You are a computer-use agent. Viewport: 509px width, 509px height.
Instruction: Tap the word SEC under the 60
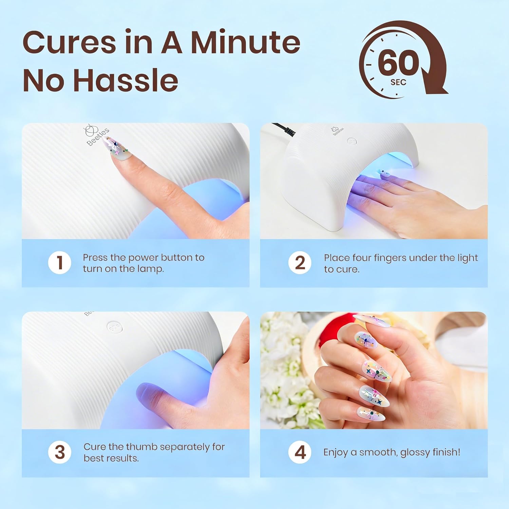coord(398,82)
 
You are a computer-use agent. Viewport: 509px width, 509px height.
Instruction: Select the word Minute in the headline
coord(246,42)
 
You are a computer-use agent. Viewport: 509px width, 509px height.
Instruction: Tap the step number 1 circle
coord(60,263)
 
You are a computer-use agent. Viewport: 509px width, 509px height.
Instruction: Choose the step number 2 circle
coord(300,263)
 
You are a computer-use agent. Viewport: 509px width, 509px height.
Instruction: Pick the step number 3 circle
coord(60,452)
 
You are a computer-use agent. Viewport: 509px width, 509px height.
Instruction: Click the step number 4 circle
coord(300,452)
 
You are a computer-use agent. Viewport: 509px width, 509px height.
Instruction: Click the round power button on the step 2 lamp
coord(352,141)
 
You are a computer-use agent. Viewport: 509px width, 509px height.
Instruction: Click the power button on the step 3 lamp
coord(114,327)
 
